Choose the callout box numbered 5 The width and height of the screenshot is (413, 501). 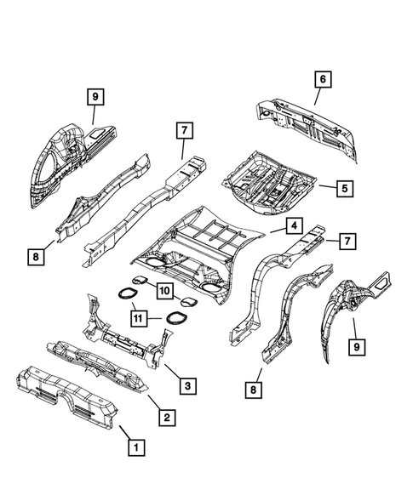(x=345, y=189)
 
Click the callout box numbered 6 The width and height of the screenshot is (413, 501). (x=323, y=80)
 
